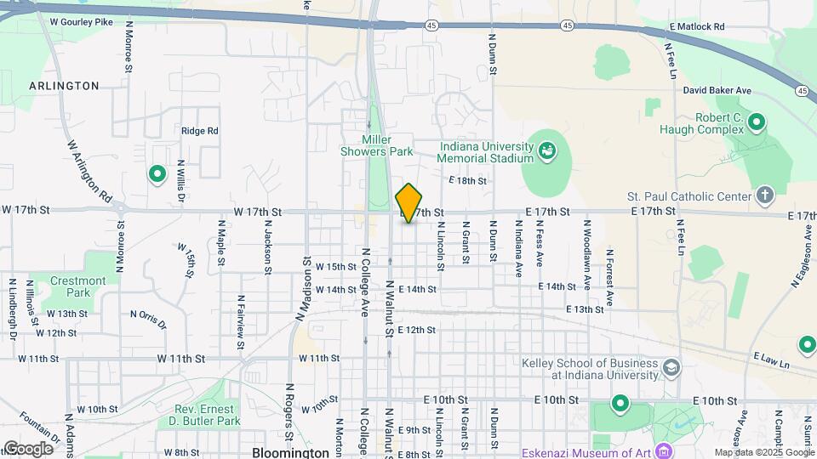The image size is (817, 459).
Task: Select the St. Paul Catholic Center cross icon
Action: click(x=764, y=196)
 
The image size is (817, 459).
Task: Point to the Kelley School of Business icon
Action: click(x=671, y=368)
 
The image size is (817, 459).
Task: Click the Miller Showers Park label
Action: click(x=387, y=145)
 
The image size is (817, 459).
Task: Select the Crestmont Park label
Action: click(x=77, y=286)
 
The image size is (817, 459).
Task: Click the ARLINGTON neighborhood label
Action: click(x=64, y=86)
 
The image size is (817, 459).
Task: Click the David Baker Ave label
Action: click(x=717, y=90)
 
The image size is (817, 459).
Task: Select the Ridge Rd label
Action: click(x=199, y=131)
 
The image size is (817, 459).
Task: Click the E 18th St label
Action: click(x=468, y=181)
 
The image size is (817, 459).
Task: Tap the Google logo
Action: click(x=28, y=449)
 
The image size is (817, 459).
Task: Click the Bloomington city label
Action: click(x=290, y=452)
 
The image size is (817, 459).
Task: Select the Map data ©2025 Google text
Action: click(x=763, y=452)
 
